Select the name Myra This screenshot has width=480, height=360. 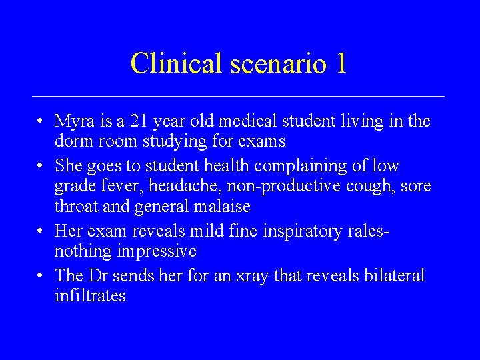pyautogui.click(x=76, y=122)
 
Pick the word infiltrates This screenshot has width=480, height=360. pyautogui.click(x=90, y=295)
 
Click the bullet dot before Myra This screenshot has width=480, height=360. pyautogui.click(x=41, y=122)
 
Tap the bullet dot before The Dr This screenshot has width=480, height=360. pyautogui.click(x=41, y=275)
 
